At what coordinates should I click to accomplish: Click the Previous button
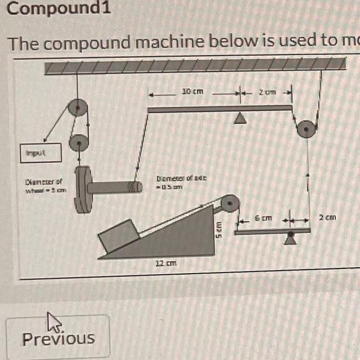58,337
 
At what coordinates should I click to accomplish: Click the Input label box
41,152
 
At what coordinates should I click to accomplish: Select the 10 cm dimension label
193,92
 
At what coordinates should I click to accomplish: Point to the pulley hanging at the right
305,129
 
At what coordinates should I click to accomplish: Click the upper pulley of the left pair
79,108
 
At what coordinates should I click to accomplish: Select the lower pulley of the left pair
79,141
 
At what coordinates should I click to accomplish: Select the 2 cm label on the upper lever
267,92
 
